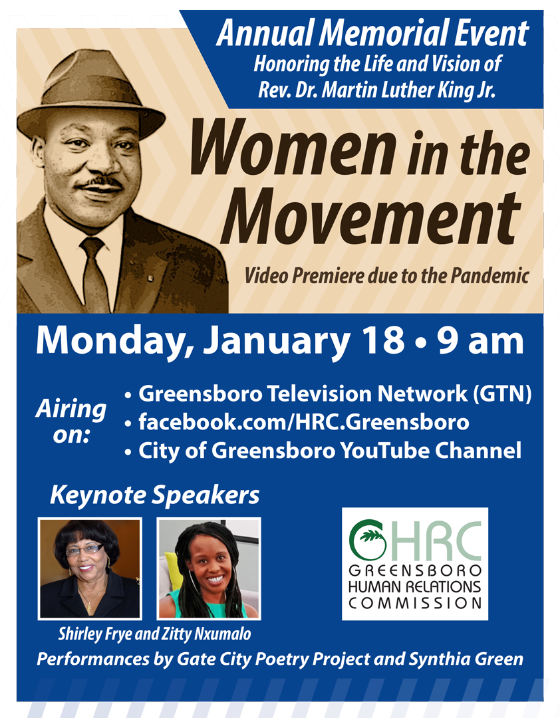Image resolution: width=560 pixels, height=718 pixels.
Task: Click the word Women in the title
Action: tap(293, 148)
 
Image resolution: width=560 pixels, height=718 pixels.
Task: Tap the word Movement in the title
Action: tap(371, 216)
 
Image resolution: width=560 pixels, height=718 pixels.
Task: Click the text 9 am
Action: tap(480, 341)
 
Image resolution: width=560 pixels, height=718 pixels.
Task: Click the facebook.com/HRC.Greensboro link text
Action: tap(304, 422)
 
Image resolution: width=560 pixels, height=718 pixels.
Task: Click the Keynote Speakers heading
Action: tap(154, 495)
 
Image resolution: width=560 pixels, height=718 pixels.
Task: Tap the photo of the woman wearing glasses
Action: tap(90, 568)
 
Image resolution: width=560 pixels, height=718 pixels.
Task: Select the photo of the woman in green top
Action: tap(209, 568)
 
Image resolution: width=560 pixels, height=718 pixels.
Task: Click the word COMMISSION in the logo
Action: tap(415, 602)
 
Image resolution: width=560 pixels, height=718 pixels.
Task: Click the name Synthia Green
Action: tap(466, 659)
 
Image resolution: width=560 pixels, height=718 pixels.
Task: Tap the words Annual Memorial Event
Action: tap(372, 34)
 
